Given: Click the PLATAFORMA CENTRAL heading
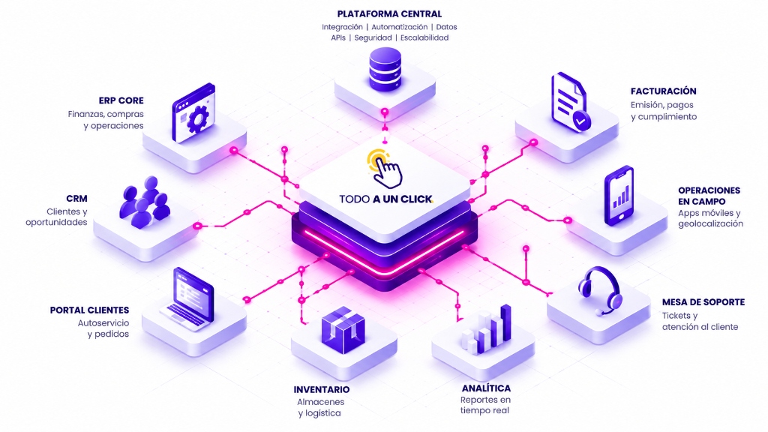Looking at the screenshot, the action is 389,13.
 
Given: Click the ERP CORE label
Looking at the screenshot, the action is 121,100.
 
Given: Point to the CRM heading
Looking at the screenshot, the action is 77,198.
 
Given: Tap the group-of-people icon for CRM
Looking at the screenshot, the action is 145,202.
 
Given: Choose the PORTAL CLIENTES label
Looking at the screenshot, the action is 90,310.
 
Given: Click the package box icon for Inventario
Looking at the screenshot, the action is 343,327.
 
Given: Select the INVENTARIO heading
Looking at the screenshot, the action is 322,389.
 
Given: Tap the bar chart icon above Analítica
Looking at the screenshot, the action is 486,331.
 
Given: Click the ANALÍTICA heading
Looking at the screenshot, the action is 486,388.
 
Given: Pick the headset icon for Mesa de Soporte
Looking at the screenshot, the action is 600,289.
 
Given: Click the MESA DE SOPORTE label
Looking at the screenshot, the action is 703,302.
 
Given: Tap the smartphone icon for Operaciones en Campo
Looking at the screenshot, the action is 619,196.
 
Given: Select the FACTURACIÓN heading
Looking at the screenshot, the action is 663,91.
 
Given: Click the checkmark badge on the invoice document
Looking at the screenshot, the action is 581,121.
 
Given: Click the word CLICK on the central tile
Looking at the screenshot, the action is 417,199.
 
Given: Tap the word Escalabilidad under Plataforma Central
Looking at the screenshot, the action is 424,37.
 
